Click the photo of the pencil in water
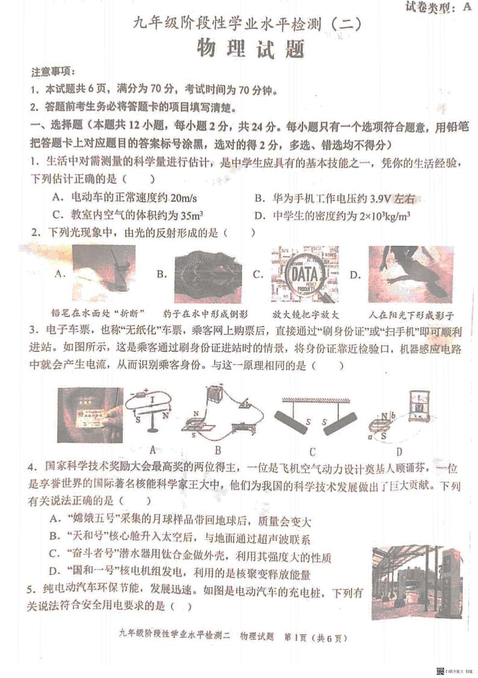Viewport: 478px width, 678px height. (103, 273)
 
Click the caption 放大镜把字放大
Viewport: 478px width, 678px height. (306, 315)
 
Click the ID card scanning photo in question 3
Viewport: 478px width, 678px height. (90, 414)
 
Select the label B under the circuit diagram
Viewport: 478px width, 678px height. (218, 450)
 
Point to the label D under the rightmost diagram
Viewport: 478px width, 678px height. (399, 450)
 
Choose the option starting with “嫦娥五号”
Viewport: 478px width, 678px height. (181, 520)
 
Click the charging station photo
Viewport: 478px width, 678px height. (417, 582)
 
